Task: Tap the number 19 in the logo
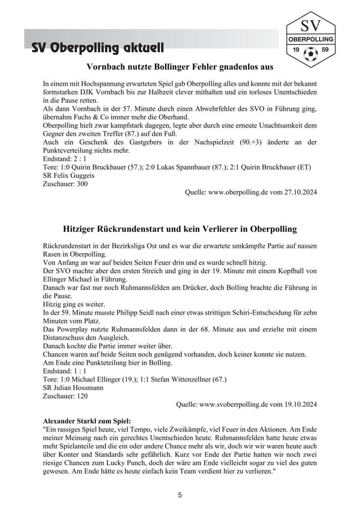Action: click(x=295, y=50)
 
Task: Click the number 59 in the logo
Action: click(x=325, y=50)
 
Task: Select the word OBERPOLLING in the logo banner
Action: click(x=310, y=39)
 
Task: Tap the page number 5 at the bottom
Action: click(x=180, y=495)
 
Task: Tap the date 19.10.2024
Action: click(x=301, y=405)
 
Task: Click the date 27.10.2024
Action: click(x=301, y=192)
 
